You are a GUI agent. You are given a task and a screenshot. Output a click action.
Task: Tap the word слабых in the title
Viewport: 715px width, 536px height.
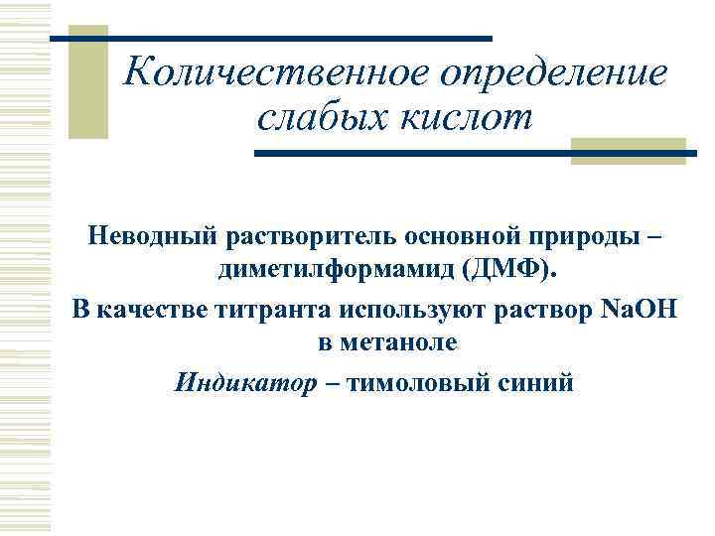311,118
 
